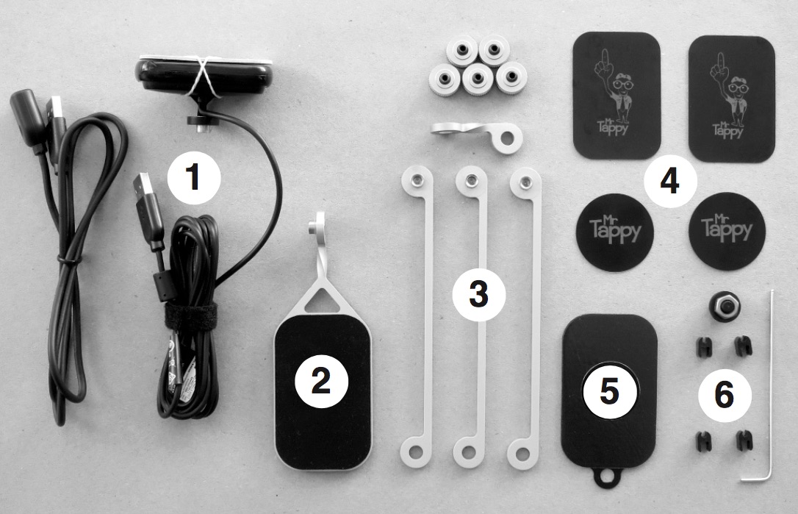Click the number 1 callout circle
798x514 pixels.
coord(194,178)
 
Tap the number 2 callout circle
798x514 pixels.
coord(322,381)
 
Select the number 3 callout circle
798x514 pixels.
coord(478,294)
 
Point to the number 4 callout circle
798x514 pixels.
coord(669,180)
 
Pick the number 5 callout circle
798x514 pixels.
coord(609,391)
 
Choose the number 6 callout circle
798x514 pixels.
coord(725,395)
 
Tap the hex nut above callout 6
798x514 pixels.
coord(724,307)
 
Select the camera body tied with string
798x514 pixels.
coord(204,77)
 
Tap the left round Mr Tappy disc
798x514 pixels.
coord(615,232)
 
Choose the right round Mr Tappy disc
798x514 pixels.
coord(727,231)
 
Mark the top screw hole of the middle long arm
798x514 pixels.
coord(471,180)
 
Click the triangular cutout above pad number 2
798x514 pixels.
coord(320,300)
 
